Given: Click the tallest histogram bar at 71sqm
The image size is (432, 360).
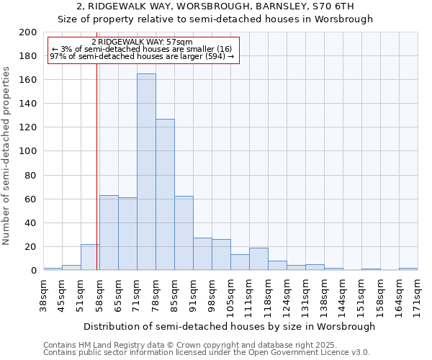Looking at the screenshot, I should coord(146,172).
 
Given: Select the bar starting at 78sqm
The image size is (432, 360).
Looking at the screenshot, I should coord(165,194).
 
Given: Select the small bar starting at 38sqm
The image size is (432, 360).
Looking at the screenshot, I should coord(53,269).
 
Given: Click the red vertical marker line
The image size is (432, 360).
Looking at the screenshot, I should coord(96,180).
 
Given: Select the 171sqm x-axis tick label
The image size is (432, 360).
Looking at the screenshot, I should coord(418,296).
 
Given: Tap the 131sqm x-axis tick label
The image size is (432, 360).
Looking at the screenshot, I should coord(305,296).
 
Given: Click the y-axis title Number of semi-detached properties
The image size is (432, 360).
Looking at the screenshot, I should coord(7,156).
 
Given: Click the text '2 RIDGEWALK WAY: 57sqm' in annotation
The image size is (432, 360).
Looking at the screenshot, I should coord(142,42).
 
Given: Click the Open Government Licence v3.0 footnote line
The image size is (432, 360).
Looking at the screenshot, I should coord(207,352).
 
